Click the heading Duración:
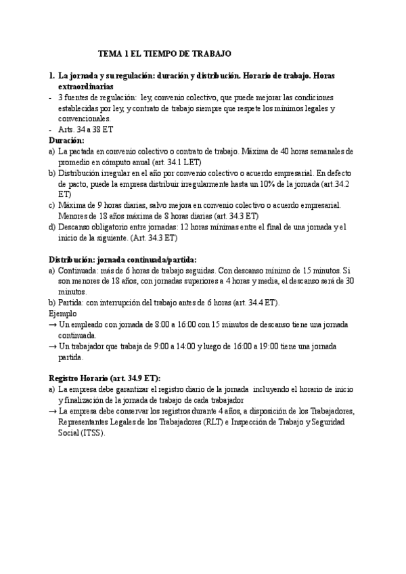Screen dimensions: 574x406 pyautogui.click(x=67, y=140)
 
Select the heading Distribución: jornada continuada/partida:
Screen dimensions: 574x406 pyautogui.click(x=123, y=259)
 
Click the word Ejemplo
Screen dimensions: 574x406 pyautogui.click(x=63, y=313)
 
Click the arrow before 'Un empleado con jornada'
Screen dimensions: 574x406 pyautogui.click(x=53, y=324)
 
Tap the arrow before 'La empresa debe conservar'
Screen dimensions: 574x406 pyautogui.click(x=53, y=411)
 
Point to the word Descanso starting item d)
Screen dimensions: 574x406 pyautogui.click(x=77, y=227)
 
